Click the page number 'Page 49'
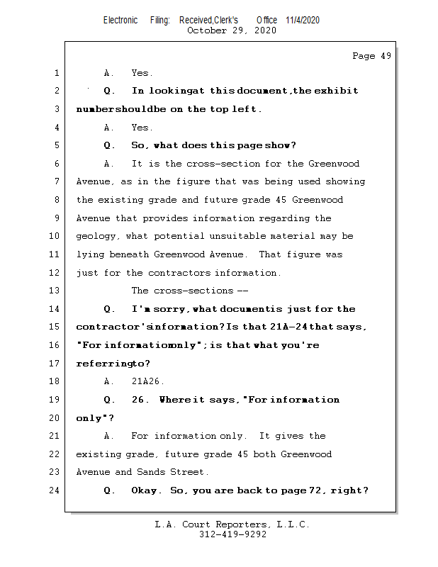click(371, 56)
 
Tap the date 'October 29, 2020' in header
click(231, 30)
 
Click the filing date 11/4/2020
click(303, 20)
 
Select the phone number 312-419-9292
click(232, 534)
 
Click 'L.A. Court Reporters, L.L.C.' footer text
click(232, 524)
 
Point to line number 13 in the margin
click(56, 291)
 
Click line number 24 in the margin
click(56, 490)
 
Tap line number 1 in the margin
click(56, 73)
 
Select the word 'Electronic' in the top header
click(120, 20)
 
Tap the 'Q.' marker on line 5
click(109, 145)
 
